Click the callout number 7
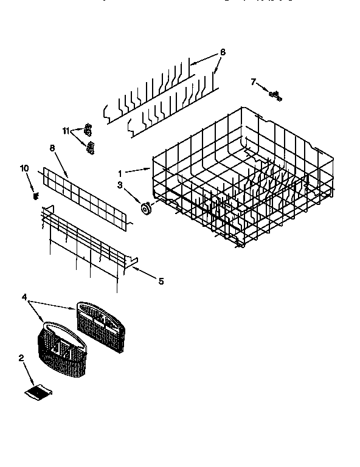click(254, 81)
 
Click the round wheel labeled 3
click(146, 209)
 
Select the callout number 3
click(120, 184)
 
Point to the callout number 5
click(161, 281)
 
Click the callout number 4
click(24, 298)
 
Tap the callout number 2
click(21, 358)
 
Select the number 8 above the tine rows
click(223, 52)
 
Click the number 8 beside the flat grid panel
click(52, 148)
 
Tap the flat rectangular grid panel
click(86, 198)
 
